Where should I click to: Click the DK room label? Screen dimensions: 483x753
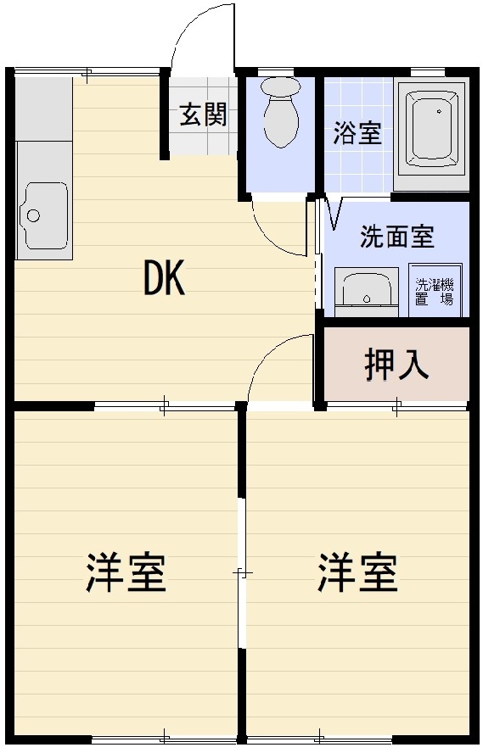[x=165, y=280]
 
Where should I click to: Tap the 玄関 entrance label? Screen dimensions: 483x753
[x=203, y=114]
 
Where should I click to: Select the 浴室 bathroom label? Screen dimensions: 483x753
[x=357, y=133]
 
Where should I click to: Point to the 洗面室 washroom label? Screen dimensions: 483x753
[x=397, y=237]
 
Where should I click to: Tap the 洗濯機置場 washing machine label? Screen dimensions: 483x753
[x=435, y=292]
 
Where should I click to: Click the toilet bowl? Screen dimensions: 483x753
[x=282, y=122]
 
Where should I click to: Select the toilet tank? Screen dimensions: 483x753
[x=281, y=87]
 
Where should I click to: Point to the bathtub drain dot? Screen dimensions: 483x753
[x=439, y=111]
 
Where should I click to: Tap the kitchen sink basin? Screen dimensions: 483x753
[x=42, y=215]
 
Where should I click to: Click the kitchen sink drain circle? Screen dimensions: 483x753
[x=33, y=215]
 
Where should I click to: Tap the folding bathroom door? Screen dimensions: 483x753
[x=334, y=212]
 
